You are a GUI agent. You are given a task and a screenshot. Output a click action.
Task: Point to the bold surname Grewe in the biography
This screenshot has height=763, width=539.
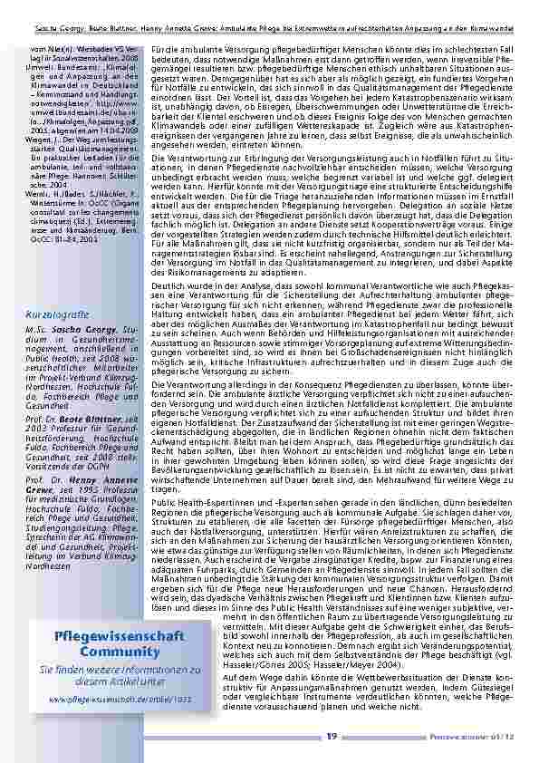[x=42, y=489]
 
